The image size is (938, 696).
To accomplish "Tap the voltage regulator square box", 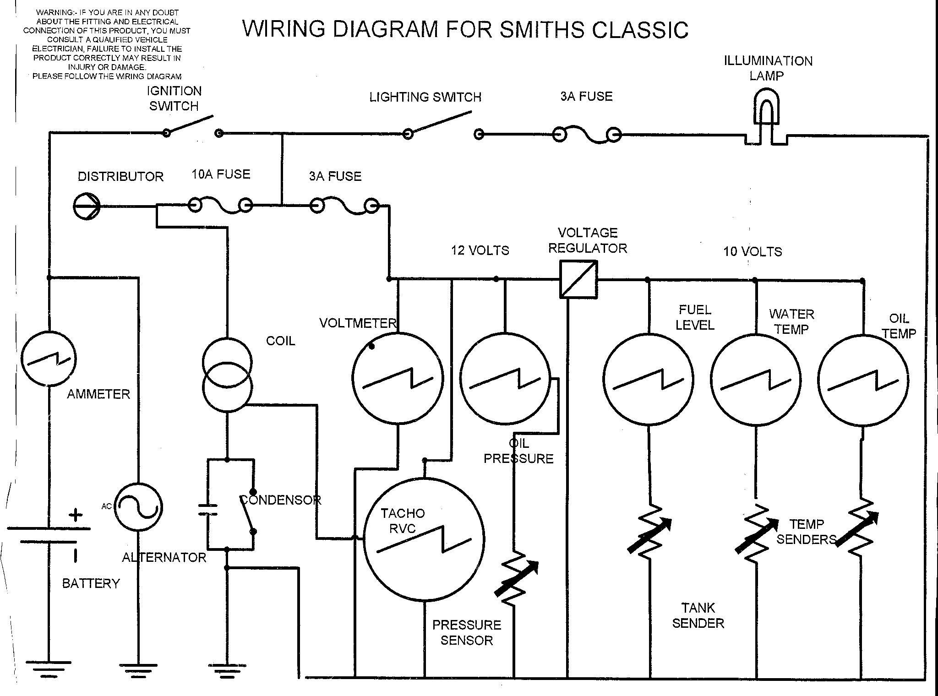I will tap(578, 279).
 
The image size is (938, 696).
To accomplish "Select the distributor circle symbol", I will tap(87, 206).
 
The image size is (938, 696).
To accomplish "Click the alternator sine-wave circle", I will tap(138, 507).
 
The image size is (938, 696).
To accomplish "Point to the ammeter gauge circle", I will tap(49, 358).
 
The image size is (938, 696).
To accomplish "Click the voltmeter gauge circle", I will tap(398, 378).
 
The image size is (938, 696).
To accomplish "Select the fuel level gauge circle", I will tap(648, 380).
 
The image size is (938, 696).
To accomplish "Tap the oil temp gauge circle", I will tap(863, 380).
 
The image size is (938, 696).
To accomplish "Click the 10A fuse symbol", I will tap(221, 206).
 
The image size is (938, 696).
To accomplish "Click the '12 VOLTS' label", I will tap(480, 250).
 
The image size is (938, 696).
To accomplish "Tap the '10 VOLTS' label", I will tap(753, 251).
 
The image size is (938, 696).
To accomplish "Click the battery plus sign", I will tap(76, 515).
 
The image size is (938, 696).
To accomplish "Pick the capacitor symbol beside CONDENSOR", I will tap(207, 510).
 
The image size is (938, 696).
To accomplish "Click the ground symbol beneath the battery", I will tap(48, 669).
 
